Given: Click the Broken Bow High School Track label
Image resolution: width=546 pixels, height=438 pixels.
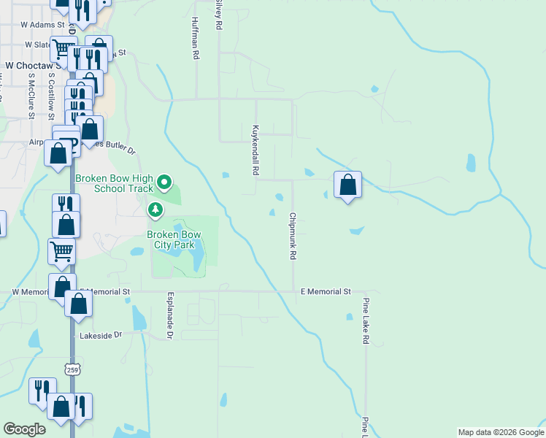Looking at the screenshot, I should coord(115,182).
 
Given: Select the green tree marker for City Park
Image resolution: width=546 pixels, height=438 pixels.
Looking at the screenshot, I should coord(155,211).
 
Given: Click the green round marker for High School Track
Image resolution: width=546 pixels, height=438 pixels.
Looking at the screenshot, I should coord(165,182).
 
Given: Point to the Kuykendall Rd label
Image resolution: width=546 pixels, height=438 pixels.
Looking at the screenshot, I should coord(255,148).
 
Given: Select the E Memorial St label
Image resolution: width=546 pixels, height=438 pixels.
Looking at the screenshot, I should coord(326,291).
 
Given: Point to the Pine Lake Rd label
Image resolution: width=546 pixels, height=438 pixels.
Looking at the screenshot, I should coord(366,320).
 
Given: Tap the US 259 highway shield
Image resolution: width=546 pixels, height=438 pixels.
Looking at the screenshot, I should coord(72,370).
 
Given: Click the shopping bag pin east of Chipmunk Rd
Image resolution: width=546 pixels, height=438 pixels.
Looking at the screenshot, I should coord(347,185).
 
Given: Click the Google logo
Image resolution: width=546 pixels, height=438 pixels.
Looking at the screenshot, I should coord(25,429).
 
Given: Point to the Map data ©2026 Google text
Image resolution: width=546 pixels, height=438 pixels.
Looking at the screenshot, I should coord(500,432).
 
